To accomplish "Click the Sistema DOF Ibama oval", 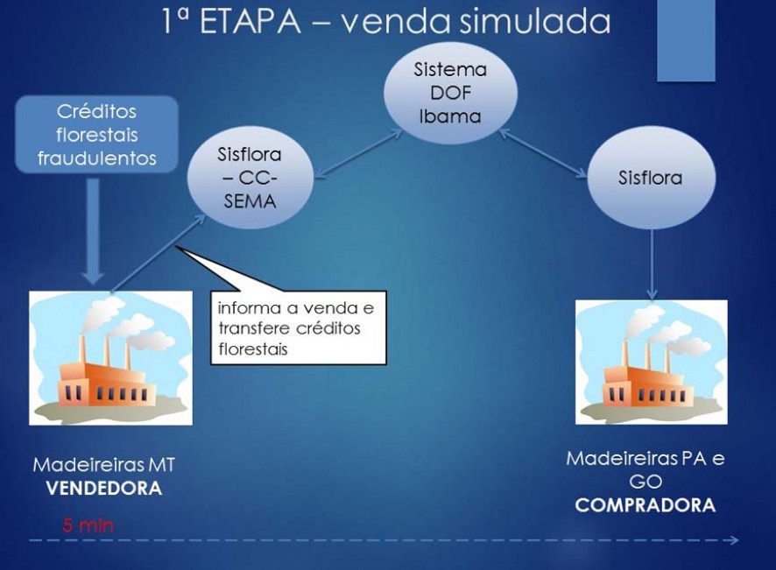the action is (x=450, y=93).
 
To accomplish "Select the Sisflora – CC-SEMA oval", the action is (x=250, y=177).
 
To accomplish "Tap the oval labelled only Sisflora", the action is (x=651, y=177).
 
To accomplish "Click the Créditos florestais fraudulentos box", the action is (x=96, y=135).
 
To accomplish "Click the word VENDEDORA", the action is (x=104, y=489).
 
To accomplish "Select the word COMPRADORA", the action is (x=645, y=505).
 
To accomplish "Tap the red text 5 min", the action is (x=88, y=525).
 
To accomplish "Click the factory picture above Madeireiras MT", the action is (x=110, y=358).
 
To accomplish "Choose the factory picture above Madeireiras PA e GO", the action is (x=652, y=362).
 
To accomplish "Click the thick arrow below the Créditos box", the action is (x=93, y=231).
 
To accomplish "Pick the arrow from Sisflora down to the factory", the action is (x=652, y=264).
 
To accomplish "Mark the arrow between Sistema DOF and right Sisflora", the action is (x=543, y=153).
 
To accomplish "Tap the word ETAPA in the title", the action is (x=250, y=22).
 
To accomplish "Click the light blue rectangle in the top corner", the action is (x=686, y=40).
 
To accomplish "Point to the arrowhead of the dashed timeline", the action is (x=733, y=540).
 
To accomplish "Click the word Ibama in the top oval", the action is (x=450, y=116).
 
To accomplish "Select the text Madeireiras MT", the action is (x=104, y=465).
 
